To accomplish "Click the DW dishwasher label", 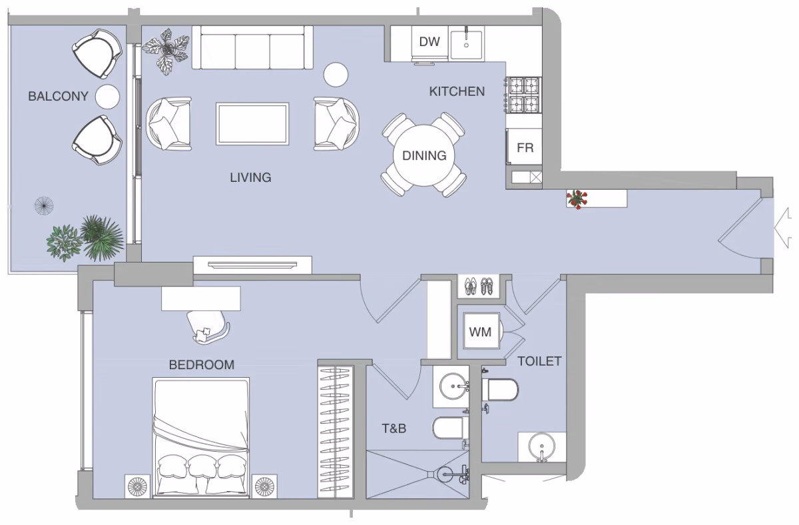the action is pyautogui.click(x=429, y=42).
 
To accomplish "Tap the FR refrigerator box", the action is pyautogui.click(x=525, y=147).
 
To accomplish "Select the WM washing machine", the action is pyautogui.click(x=481, y=332).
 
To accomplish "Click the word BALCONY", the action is pyautogui.click(x=58, y=97).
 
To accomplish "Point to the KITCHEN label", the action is pyautogui.click(x=457, y=92).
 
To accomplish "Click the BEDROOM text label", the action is pyautogui.click(x=202, y=364).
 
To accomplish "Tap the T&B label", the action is pyautogui.click(x=394, y=428).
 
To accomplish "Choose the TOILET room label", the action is pyautogui.click(x=539, y=361).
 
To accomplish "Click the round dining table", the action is pyautogui.click(x=424, y=156).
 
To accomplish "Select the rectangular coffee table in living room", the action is pyautogui.click(x=252, y=124).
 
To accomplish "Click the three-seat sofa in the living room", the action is pyautogui.click(x=252, y=47).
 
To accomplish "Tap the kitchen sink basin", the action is pyautogui.click(x=467, y=44).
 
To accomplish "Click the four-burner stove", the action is pyautogui.click(x=523, y=95).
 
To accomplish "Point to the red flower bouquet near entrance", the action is pyautogui.click(x=577, y=199).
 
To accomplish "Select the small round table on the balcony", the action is pyautogui.click(x=107, y=97).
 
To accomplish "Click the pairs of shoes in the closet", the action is pyautogui.click(x=479, y=286).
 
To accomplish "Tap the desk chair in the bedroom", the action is pyautogui.click(x=208, y=327).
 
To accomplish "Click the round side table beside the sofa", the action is pyautogui.click(x=336, y=75).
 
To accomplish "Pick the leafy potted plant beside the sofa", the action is pyautogui.click(x=166, y=51).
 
